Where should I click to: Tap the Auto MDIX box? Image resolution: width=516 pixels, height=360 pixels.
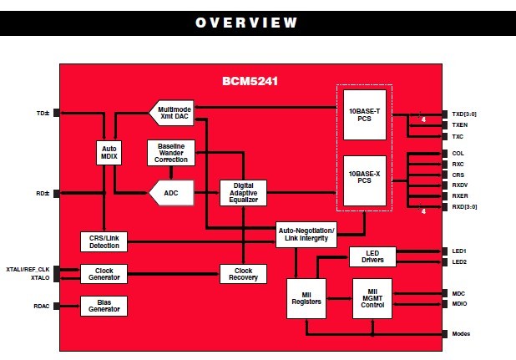tap(110, 153)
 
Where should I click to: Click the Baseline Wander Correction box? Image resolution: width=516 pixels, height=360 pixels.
tap(171, 153)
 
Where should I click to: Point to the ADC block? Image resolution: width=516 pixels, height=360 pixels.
tap(171, 194)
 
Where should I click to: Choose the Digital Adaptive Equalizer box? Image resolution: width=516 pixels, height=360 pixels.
tap(242, 193)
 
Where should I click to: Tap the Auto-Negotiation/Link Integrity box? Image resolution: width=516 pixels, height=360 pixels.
tap(306, 235)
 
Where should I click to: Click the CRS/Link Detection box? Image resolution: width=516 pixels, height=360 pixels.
tap(104, 241)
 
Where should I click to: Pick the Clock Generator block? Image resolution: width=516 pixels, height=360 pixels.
tap(104, 273)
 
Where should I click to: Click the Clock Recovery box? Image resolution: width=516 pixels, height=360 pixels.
tap(242, 273)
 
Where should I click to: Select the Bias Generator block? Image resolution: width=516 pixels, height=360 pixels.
tap(104, 306)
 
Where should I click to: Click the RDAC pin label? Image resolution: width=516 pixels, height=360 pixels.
tap(41, 306)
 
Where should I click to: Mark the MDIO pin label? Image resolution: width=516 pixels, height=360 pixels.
tap(458, 305)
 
